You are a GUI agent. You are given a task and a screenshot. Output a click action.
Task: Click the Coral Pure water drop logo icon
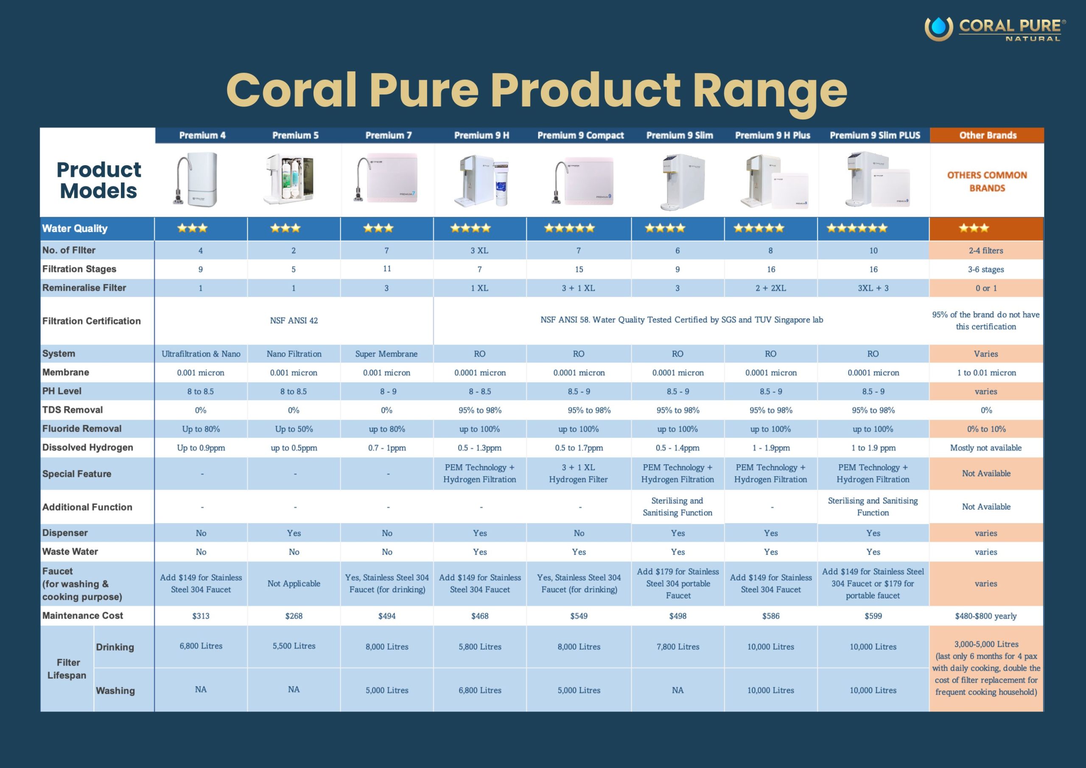(x=938, y=28)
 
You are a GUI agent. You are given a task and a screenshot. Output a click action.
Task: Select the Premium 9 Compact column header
(x=580, y=135)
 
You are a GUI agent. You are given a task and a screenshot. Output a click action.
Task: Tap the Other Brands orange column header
(x=988, y=135)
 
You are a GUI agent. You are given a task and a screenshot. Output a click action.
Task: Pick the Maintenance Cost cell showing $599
(x=873, y=616)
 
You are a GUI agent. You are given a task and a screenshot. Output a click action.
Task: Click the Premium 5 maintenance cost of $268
(x=294, y=616)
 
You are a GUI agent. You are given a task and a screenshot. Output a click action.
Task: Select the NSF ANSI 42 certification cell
(x=294, y=320)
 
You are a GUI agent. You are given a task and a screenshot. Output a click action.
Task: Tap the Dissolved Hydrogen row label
(x=87, y=447)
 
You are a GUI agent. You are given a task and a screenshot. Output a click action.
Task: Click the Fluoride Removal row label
(x=82, y=429)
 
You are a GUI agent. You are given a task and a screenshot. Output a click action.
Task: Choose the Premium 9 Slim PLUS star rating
(x=856, y=228)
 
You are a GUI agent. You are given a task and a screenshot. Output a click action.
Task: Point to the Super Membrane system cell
(x=386, y=353)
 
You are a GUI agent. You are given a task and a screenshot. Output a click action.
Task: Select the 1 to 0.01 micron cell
(x=986, y=373)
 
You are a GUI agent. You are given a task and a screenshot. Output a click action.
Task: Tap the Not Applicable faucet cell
(x=294, y=583)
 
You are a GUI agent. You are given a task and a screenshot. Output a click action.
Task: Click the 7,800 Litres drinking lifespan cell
(x=677, y=646)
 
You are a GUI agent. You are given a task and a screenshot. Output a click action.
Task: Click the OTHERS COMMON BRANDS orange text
(x=987, y=181)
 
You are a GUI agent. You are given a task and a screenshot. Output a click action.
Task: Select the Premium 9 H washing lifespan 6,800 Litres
(x=480, y=690)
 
